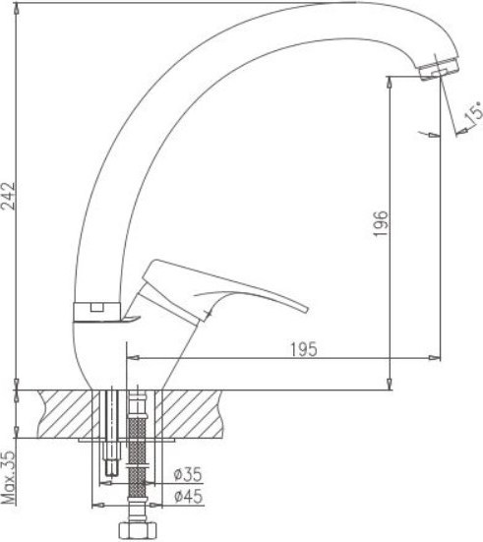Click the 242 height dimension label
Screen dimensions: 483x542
pyautogui.click(x=8, y=196)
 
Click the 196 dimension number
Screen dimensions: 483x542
pyautogui.click(x=381, y=223)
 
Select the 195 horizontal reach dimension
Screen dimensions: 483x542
pyautogui.click(x=304, y=349)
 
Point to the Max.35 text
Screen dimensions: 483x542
pyautogui.click(x=8, y=478)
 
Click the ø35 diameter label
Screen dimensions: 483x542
pyautogui.click(x=189, y=474)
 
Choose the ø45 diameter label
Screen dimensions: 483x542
pyautogui.click(x=189, y=497)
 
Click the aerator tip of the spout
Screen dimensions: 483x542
pyautogui.click(x=439, y=68)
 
